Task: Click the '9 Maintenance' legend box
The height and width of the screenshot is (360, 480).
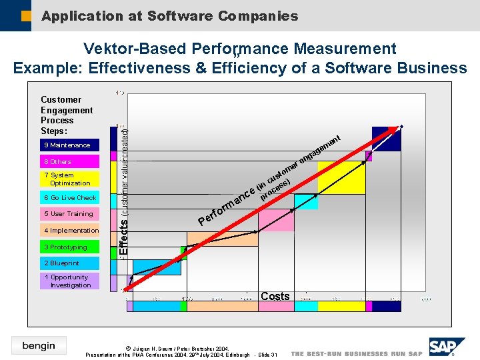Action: pos(70,145)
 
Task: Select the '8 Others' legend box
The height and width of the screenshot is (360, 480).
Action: pos(70,161)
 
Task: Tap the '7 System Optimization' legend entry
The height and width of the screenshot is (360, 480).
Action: pos(70,179)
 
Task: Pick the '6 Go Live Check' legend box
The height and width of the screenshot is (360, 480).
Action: pos(70,198)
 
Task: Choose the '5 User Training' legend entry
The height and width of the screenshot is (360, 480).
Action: pos(70,214)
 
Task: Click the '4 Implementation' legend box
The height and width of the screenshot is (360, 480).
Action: pos(70,231)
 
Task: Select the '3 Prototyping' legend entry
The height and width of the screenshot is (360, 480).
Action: pos(70,247)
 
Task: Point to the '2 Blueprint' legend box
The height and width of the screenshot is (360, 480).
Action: pos(70,263)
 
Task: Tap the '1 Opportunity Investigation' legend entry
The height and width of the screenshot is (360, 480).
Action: pos(70,281)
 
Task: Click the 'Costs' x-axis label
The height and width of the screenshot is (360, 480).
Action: pos(275,296)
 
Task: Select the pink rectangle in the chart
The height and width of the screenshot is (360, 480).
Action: pos(276,220)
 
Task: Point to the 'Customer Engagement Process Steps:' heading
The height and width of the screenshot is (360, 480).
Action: pos(66,115)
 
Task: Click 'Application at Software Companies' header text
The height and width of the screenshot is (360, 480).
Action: pos(169,16)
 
